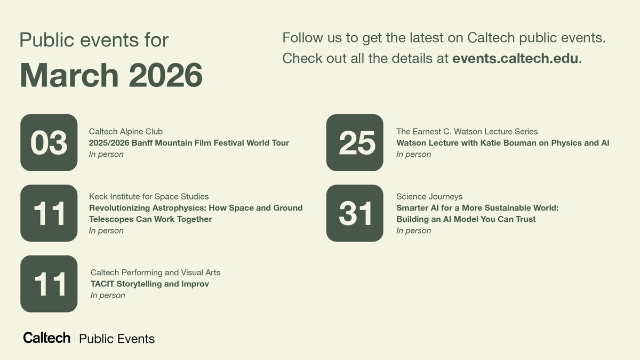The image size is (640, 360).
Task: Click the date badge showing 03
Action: pyautogui.click(x=49, y=142)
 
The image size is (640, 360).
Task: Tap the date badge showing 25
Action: pyautogui.click(x=355, y=142)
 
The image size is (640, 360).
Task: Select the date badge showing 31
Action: pyautogui.click(x=355, y=213)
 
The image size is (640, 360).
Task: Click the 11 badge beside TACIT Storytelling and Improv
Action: pyautogui.click(x=49, y=284)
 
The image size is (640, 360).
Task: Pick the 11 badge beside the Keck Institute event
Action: pyautogui.click(x=49, y=213)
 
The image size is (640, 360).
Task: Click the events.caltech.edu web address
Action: pyautogui.click(x=515, y=58)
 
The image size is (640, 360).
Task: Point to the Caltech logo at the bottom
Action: pyautogui.click(x=47, y=338)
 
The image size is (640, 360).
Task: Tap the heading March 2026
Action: pyautogui.click(x=111, y=75)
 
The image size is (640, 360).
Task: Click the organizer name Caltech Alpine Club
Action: pyautogui.click(x=126, y=131)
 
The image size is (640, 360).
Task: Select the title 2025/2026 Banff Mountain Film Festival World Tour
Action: pyautogui.click(x=189, y=143)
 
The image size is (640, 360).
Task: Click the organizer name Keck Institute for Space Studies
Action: pyautogui.click(x=149, y=196)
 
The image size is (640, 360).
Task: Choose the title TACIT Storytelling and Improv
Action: pyautogui.click(x=150, y=284)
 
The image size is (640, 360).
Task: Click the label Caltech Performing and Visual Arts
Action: pyautogui.click(x=155, y=273)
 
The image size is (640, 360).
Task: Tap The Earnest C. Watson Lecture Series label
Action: pyautogui.click(x=467, y=131)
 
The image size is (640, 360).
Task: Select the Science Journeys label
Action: pyautogui.click(x=429, y=196)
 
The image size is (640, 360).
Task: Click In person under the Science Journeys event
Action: pyautogui.click(x=413, y=230)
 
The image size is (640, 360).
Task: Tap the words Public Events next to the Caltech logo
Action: pyautogui.click(x=117, y=339)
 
